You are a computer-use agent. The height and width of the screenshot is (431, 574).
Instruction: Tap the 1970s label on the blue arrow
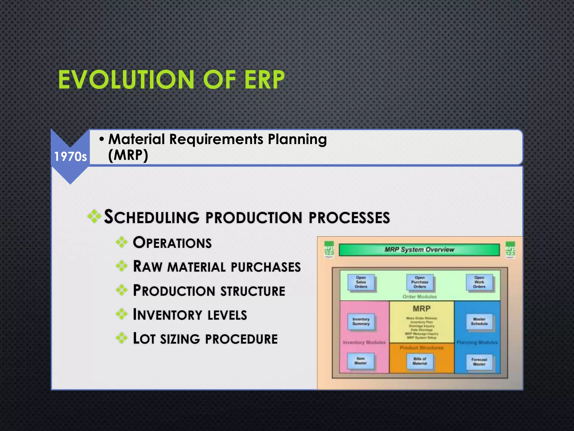[x=70, y=157]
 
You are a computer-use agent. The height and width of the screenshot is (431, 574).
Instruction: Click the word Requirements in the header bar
[x=216, y=139]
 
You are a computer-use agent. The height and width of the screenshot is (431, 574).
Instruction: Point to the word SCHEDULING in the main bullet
[x=152, y=217]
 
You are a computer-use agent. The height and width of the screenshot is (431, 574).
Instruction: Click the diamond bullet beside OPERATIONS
[x=122, y=242]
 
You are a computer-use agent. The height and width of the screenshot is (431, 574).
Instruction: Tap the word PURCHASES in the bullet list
[x=266, y=267]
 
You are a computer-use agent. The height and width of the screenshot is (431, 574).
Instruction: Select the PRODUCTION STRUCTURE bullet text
[x=209, y=291]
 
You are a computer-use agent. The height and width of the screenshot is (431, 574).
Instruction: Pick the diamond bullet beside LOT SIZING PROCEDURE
[x=122, y=338]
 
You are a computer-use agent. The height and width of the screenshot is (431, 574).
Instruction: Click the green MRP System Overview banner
[x=419, y=250]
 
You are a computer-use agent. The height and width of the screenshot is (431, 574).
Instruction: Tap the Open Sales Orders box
[x=361, y=282]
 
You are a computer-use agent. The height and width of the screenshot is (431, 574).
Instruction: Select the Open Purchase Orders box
[x=420, y=282]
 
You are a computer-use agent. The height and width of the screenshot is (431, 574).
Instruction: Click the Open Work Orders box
[x=479, y=282]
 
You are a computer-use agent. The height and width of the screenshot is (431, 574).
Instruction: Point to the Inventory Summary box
[x=361, y=322]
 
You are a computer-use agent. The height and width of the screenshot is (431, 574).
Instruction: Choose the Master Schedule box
[x=479, y=322]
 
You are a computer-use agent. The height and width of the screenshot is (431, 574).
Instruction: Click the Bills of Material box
[x=420, y=361]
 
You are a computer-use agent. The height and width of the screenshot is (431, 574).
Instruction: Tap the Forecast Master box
[x=479, y=362]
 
